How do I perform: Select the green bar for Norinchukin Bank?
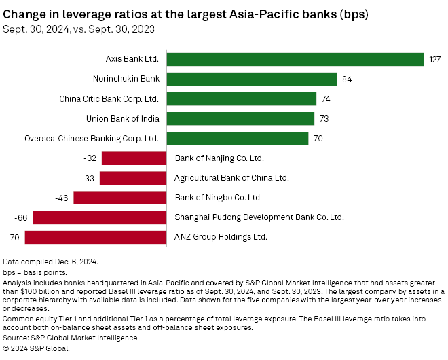pos(251,79)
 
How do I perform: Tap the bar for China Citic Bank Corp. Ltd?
pos(241,99)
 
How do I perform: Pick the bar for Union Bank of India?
pos(240,119)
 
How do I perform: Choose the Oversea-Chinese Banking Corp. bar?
pos(238,139)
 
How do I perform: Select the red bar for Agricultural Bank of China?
pos(133,178)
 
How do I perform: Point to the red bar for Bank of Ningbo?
pos(120,198)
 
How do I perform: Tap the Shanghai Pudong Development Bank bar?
pos(100,217)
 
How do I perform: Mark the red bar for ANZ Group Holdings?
pos(96,237)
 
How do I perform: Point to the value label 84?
pos(347,79)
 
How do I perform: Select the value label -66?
pos(20,218)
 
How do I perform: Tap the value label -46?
pos(61,198)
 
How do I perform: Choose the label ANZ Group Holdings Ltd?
pos(221,238)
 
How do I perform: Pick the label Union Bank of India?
pos(123,119)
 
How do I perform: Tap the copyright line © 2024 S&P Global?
pos(37,348)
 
